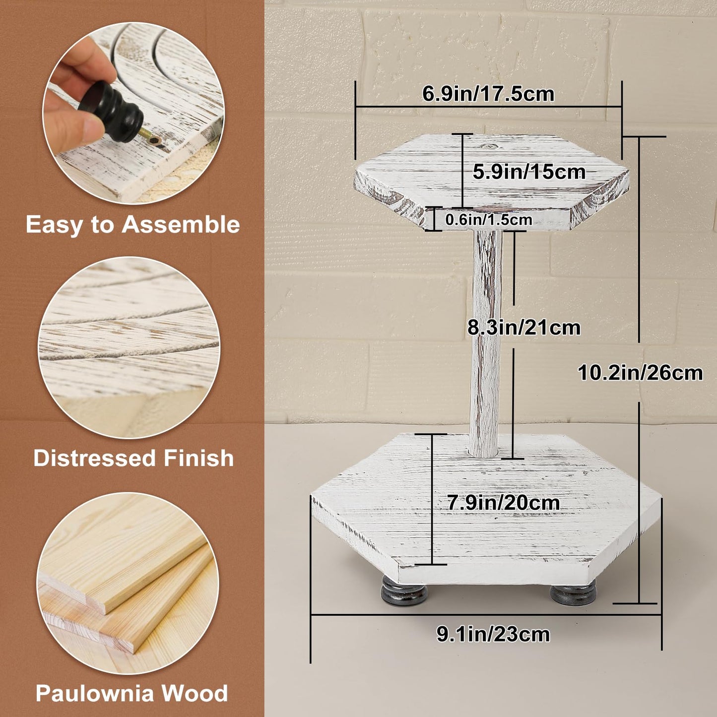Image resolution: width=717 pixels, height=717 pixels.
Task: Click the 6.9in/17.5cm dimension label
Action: (488, 94)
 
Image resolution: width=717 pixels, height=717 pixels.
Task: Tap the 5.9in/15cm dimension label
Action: (529, 172)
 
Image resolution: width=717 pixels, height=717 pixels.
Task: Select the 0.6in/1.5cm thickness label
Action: (488, 219)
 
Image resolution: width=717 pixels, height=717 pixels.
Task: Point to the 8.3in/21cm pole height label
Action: (524, 327)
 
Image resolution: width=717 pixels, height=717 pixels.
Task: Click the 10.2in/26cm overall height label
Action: (640, 373)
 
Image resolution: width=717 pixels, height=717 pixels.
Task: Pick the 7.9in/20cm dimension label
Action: (503, 503)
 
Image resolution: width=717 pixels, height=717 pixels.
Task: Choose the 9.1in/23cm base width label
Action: (493, 634)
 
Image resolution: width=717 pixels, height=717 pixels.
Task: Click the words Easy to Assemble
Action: (132, 224)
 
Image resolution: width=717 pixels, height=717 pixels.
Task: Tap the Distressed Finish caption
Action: (133, 458)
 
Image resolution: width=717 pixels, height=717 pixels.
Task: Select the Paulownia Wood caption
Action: (131, 693)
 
